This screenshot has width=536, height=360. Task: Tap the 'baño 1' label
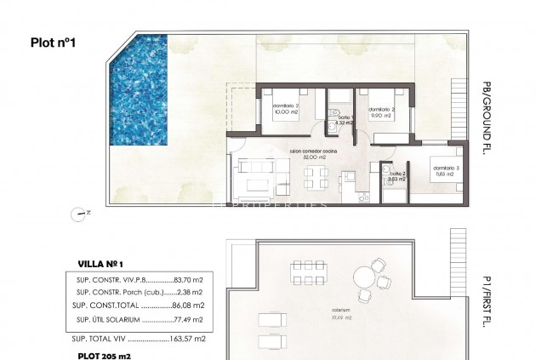[x=343, y=120]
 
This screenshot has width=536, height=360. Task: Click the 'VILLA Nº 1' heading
[x=100, y=264]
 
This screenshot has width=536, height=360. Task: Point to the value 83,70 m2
[x=189, y=278]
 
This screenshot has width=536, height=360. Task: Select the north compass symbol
[x=83, y=214]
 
